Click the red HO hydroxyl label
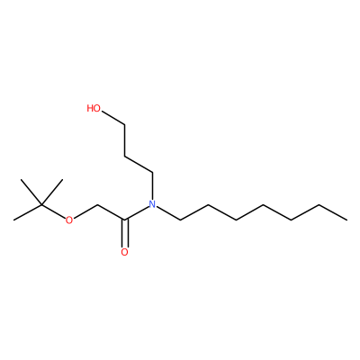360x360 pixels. (x=94, y=108)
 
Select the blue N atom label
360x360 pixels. (x=152, y=204)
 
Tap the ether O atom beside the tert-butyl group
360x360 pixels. (x=69, y=220)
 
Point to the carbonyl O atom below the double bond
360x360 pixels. (x=124, y=252)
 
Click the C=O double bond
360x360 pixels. (x=124, y=234)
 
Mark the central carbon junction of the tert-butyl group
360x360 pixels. (x=41, y=205)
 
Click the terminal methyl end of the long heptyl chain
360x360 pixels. (x=347, y=220)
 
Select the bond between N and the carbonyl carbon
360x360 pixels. (x=137, y=213)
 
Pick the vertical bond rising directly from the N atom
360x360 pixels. (x=152, y=186)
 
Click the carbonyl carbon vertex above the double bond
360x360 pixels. (x=124, y=220)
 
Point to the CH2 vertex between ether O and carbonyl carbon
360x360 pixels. (x=97, y=205)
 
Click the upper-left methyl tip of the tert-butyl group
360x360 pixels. (x=21, y=180)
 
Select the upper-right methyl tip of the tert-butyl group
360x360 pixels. (x=62, y=180)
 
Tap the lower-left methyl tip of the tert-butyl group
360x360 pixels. (x=14, y=220)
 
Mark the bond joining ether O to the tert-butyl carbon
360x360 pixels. (x=53, y=211)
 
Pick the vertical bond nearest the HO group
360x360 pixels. (x=124, y=141)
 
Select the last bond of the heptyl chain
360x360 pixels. (x=333, y=212)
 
